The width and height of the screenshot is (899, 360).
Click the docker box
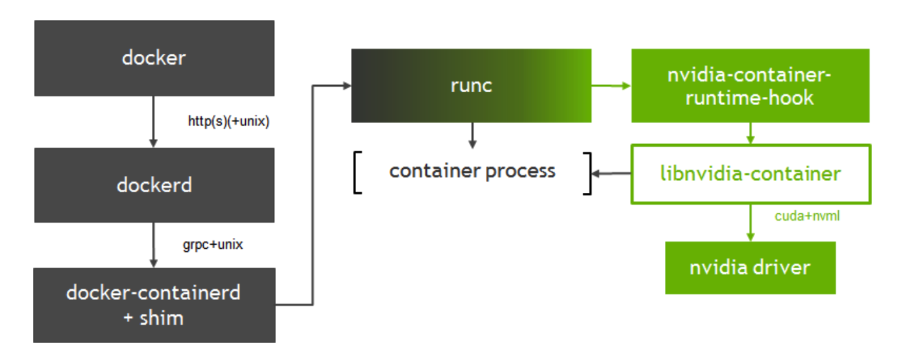click(x=154, y=58)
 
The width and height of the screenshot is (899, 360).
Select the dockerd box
click(x=154, y=185)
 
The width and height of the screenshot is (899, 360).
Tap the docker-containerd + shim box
click(x=154, y=305)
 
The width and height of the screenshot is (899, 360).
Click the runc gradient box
click(x=471, y=85)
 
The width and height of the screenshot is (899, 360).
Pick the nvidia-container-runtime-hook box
click(x=749, y=85)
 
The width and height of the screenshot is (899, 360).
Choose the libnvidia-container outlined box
click(x=750, y=174)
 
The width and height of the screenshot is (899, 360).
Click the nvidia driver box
click(x=750, y=268)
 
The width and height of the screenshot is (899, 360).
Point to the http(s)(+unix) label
click(x=228, y=121)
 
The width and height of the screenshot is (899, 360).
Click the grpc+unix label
click(x=213, y=245)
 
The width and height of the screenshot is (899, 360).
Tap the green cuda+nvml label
click(x=807, y=216)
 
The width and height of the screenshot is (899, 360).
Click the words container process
click(x=472, y=171)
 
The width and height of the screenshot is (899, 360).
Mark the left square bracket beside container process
click(x=357, y=173)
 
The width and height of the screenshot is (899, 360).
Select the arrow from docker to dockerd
click(x=153, y=121)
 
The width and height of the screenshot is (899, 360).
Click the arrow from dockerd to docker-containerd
click(x=153, y=245)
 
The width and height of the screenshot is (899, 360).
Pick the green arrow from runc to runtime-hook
click(x=611, y=85)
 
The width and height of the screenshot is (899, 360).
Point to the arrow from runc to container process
click(x=472, y=135)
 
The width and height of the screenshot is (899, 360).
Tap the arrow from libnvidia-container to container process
click(x=612, y=173)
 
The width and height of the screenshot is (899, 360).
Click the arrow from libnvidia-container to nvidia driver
click(x=750, y=222)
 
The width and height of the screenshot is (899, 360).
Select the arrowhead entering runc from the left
click(x=347, y=85)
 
